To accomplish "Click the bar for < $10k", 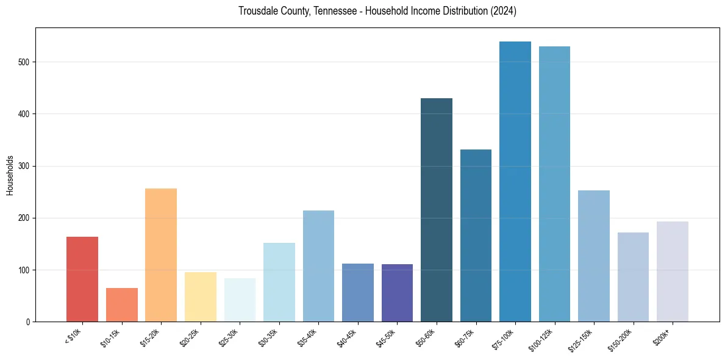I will point(82,279).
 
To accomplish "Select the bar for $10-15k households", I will point(121,304).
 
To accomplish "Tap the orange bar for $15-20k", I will point(161,255).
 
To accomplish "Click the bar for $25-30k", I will point(240,300).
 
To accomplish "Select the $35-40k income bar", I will point(318,266).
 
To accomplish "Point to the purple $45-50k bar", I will point(397,293).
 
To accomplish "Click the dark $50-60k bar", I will point(437,210).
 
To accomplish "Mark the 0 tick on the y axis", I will point(28,322).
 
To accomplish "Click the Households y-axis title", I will point(10,175).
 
